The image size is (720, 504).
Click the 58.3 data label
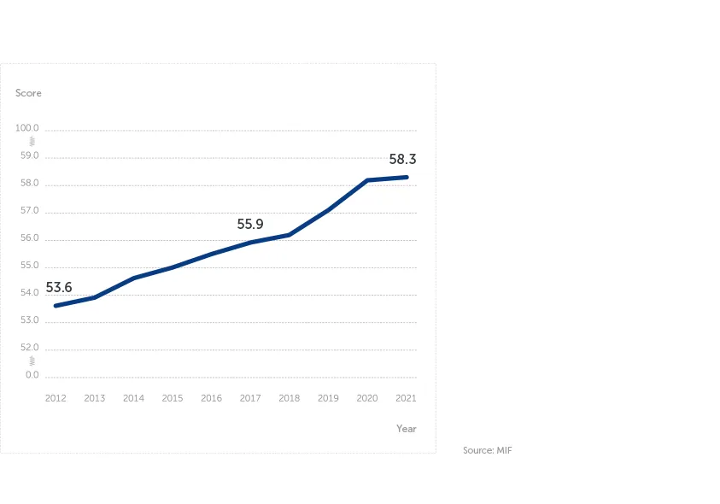pos(402,159)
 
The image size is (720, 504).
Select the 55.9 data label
pos(250,224)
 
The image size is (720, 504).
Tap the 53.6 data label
pos(59,288)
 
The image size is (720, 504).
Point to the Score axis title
pos(28,93)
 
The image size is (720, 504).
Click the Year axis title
pos(406,428)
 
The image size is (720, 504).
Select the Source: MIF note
pos(487,450)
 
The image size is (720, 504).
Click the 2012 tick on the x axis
pos(56,398)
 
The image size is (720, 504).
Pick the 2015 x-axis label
pos(173,398)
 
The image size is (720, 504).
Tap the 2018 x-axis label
pos(289,398)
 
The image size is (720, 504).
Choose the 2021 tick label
pos(406,398)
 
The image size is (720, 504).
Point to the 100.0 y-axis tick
pos(26,128)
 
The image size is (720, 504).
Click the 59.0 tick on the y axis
pos(29,155)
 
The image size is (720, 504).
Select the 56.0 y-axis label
pos(29,237)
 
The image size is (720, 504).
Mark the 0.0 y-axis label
pos(32,374)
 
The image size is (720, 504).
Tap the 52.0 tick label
pos(29,347)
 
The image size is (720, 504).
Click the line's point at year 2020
pos(367,180)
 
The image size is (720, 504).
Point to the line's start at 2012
pos(56,306)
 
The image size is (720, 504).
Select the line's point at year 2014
pos(133,278)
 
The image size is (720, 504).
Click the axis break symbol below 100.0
pos(32,141)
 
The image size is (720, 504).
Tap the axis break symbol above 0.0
pos(32,360)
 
